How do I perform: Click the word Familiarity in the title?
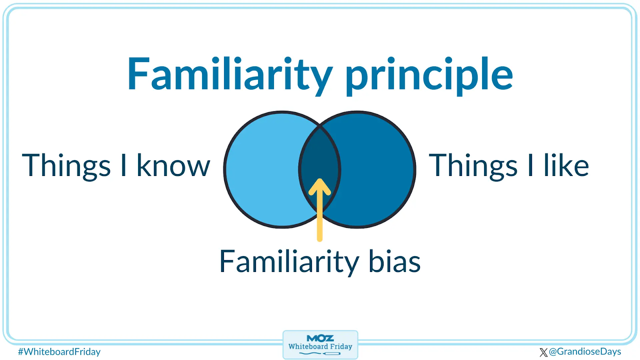coord(230,76)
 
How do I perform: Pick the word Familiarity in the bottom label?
coord(289,262)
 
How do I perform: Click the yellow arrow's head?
coord(320,187)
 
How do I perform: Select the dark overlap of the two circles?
coord(320,154)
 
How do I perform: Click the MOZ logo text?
coord(320,338)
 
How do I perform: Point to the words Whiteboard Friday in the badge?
coord(320,346)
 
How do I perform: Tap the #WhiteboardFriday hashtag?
coord(59,352)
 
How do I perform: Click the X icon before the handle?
coord(544,352)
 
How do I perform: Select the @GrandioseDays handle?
coord(585,352)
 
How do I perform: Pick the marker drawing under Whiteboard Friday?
coord(320,354)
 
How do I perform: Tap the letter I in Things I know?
coord(124,165)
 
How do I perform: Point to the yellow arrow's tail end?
coord(320,240)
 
